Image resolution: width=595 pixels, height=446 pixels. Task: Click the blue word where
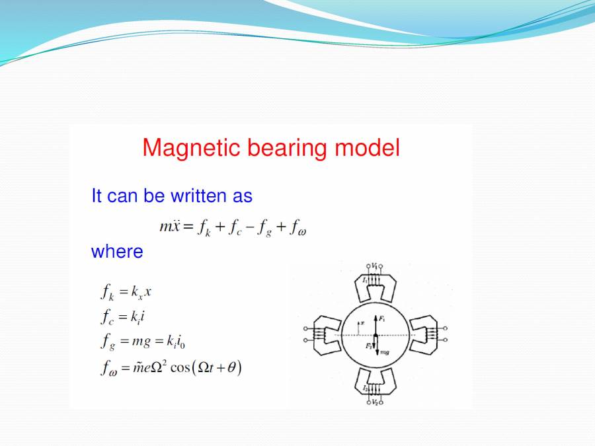(x=117, y=252)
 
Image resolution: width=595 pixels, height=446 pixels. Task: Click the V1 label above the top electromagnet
(x=374, y=265)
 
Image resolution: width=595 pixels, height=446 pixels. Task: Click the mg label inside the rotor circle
(x=383, y=352)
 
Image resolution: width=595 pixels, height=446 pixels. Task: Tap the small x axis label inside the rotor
(x=362, y=323)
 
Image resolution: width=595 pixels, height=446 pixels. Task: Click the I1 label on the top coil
(x=364, y=280)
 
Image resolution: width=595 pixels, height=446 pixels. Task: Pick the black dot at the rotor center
(x=374, y=336)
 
